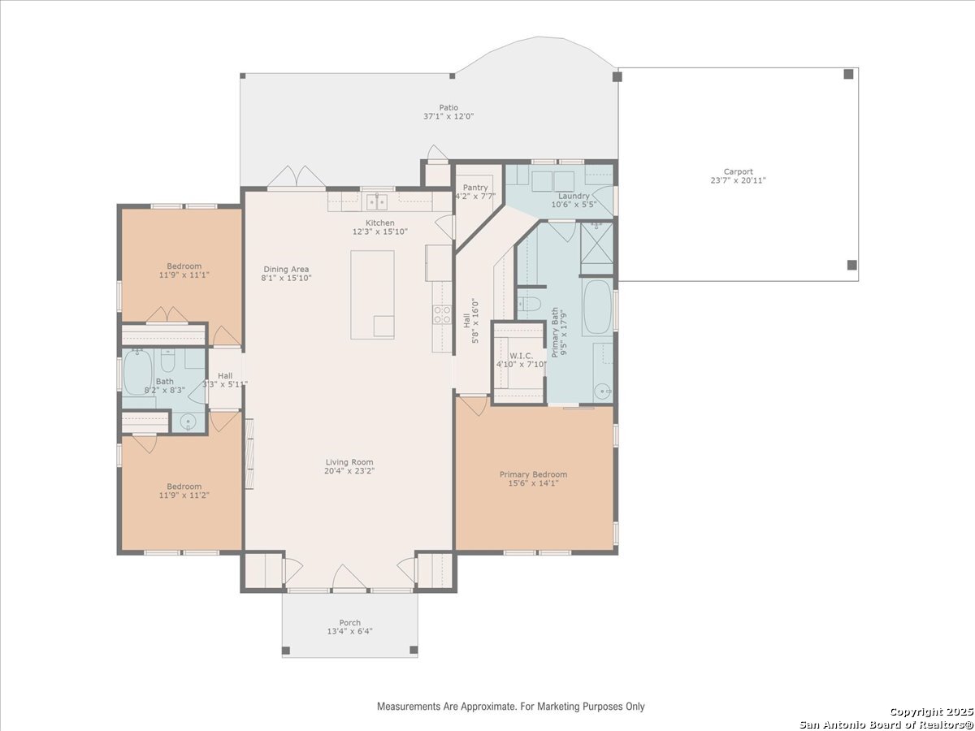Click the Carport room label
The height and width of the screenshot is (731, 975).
[739, 171]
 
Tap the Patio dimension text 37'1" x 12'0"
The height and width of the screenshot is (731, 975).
[448, 117]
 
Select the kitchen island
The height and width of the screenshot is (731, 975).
[372, 295]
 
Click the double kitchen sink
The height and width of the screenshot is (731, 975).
[377, 202]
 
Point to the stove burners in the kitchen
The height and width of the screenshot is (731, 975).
[443, 314]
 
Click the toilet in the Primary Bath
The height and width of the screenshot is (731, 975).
[529, 304]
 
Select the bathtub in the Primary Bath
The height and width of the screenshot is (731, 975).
[597, 307]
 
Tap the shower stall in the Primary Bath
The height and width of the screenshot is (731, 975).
[597, 248]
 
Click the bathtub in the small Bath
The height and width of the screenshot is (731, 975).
[137, 373]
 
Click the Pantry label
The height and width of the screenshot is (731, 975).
[475, 188]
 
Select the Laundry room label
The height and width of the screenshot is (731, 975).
[574, 196]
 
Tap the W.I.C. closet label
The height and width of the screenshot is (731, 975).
[522, 356]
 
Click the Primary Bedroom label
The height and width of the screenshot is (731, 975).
[534, 474]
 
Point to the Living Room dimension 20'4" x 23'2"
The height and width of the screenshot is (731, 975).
[349, 471]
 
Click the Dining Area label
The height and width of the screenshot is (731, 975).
[286, 270]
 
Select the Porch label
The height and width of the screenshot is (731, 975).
[350, 623]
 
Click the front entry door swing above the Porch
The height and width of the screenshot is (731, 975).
[349, 577]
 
